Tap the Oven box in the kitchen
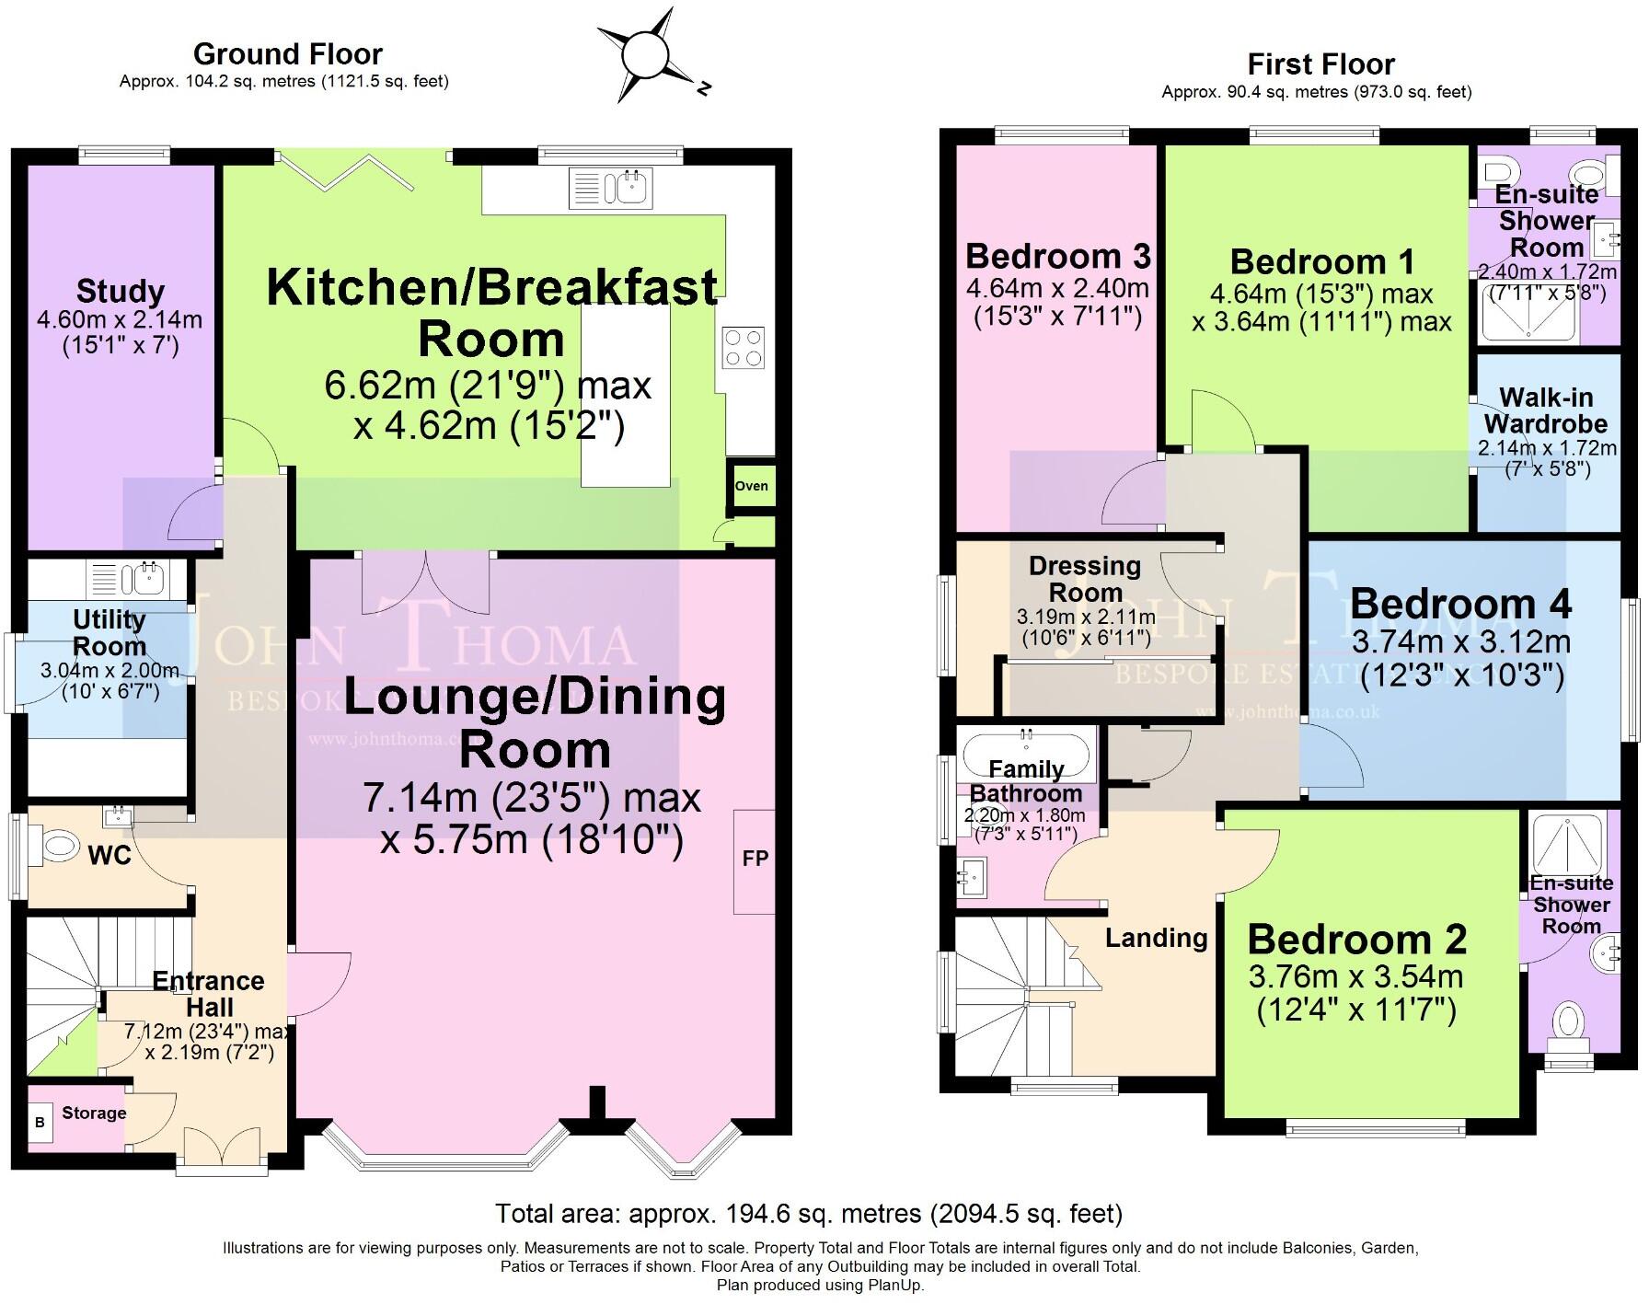click(x=751, y=486)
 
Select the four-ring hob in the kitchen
click(x=744, y=349)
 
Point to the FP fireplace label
click(x=755, y=859)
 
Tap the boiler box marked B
click(x=40, y=1123)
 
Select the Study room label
click(x=121, y=291)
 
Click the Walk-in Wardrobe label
click(x=1546, y=410)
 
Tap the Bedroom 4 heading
click(x=1460, y=604)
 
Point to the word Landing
click(x=1156, y=938)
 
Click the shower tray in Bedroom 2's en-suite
click(x=1567, y=844)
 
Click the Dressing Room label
click(x=1085, y=579)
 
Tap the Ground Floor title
click(x=287, y=53)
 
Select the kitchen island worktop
click(x=626, y=396)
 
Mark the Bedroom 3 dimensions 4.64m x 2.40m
click(x=1057, y=288)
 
